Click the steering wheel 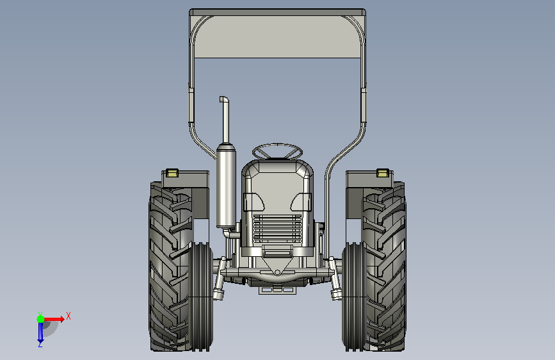278,146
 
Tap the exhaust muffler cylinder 226,186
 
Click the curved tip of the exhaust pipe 223,99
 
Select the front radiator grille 278,229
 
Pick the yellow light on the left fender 172,173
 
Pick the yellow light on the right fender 383,173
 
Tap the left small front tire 201,297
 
